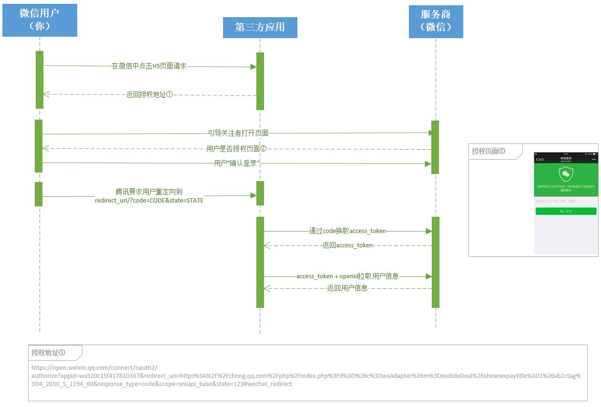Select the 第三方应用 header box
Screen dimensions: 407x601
coord(260,27)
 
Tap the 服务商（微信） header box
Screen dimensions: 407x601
coord(436,21)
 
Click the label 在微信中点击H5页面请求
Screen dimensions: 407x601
coord(149,66)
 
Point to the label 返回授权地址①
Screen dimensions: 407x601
coord(149,94)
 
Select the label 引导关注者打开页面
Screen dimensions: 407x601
coord(238,133)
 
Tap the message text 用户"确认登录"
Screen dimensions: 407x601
coord(236,163)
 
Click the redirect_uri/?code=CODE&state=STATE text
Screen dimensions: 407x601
coord(149,201)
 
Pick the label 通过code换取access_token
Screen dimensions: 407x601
coord(347,231)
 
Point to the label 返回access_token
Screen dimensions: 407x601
coord(347,245)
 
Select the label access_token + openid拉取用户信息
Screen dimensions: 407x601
coord(347,276)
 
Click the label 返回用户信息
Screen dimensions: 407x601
coord(347,288)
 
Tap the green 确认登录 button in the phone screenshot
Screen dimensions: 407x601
coord(566,211)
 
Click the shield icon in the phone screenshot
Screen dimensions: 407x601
coord(566,174)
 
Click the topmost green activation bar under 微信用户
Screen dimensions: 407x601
coord(39,80)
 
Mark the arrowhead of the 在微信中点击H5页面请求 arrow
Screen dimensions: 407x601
coord(254,67)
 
